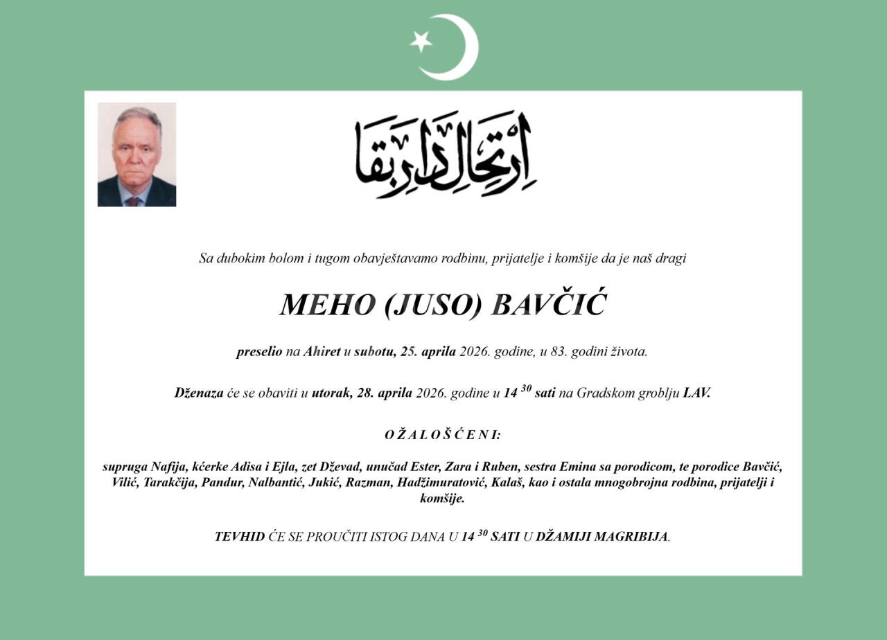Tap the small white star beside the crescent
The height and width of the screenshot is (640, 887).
point(421,42)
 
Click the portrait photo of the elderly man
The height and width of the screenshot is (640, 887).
point(137,154)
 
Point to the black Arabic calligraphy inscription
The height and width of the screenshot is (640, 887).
point(446,154)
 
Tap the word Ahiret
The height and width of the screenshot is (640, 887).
point(322,351)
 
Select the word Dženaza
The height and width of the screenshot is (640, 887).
point(199,393)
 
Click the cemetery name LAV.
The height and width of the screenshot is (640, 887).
point(696,393)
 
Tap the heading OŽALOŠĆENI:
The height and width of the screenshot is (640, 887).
point(443,435)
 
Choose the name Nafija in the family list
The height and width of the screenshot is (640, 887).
point(169,467)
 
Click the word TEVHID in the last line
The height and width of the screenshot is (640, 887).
point(239,537)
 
